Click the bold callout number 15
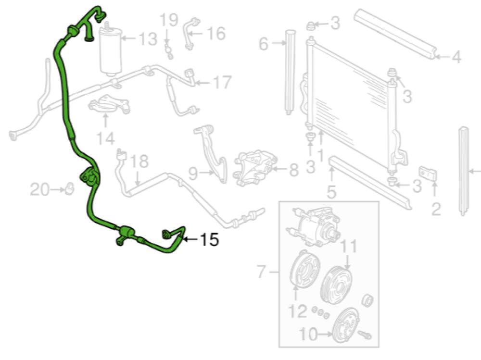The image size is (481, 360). click(210, 239)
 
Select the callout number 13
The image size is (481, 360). click(148, 39)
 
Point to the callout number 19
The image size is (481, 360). click(169, 20)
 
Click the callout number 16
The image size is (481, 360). click(216, 34)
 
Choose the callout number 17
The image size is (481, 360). click(222, 82)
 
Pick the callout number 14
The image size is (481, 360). click(106, 138)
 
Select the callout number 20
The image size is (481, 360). click(39, 189)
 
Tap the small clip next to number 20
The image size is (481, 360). click(70, 188)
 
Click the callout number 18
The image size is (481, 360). click(139, 161)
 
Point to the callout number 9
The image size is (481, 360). click(193, 174)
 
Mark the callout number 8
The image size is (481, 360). click(293, 170)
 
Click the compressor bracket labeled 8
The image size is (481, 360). click(255, 168)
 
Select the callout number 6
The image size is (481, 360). click(264, 44)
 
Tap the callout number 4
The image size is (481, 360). click(456, 57)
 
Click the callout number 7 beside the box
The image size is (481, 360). click(261, 272)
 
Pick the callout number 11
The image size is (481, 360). click(349, 246)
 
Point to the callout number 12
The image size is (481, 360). click(298, 311)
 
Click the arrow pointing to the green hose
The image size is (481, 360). click(191, 239)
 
